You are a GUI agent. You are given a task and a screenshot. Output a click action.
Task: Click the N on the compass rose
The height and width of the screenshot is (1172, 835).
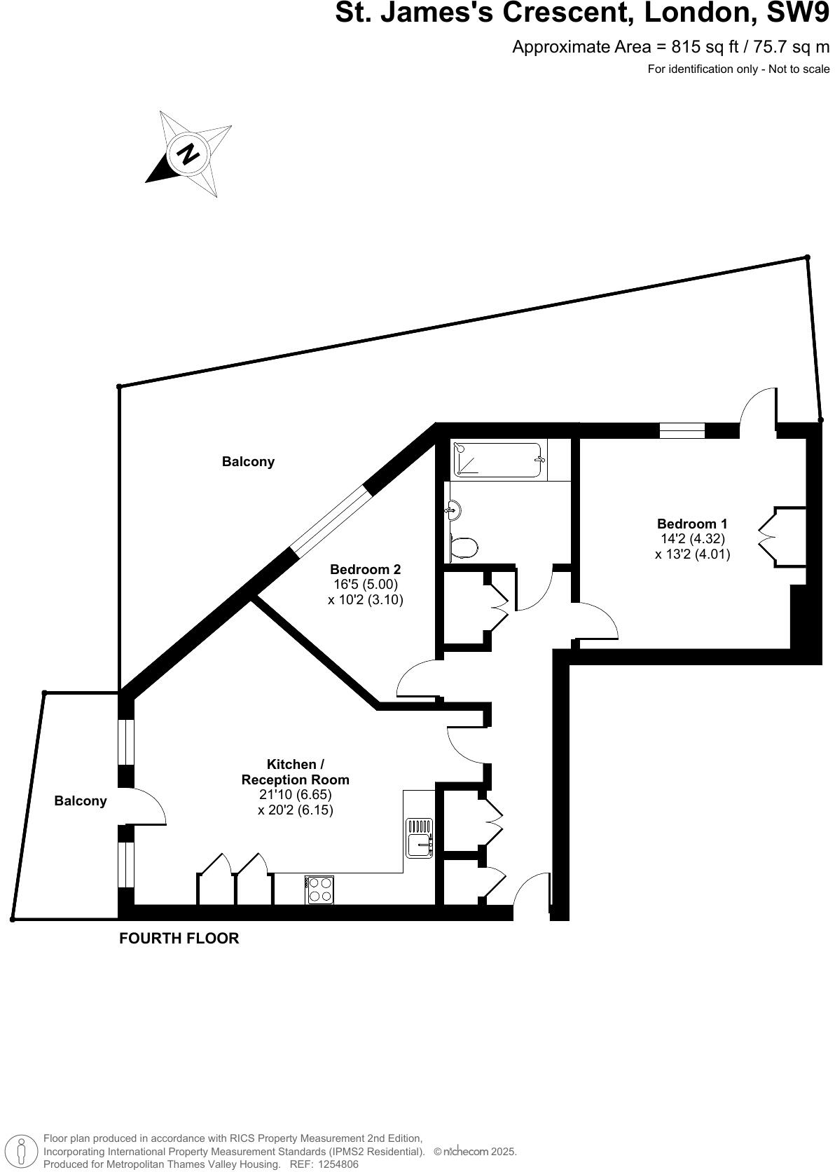coord(188,154)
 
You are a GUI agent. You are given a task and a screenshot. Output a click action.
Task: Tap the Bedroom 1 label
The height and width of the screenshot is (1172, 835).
coord(691,524)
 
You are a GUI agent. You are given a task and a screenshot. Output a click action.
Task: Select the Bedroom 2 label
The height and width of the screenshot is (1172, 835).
coord(365,569)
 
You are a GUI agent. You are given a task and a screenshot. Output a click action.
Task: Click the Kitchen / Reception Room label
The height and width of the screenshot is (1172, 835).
coord(295,772)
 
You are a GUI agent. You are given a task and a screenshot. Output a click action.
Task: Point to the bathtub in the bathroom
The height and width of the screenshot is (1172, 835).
coord(498,460)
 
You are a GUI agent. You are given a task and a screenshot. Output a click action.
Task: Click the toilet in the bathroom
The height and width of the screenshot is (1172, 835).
coord(464,547)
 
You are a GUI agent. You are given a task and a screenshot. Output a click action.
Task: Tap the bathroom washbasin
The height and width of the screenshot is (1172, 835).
coord(454,510)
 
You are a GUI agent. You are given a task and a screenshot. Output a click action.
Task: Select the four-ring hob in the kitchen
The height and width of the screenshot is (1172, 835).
coord(319,890)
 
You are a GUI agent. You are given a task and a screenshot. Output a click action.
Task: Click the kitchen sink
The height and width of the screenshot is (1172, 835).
coord(420,838)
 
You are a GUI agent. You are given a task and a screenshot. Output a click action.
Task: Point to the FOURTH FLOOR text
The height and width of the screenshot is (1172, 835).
coord(179,938)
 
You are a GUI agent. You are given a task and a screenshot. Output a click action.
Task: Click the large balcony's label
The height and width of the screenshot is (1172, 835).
coord(248,461)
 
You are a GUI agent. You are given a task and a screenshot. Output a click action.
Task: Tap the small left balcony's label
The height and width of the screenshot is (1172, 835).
coord(81,800)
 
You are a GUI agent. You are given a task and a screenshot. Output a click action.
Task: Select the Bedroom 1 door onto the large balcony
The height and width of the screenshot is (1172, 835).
coord(758,409)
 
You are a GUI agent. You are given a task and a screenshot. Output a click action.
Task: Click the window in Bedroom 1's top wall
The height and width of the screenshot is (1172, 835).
coord(682,430)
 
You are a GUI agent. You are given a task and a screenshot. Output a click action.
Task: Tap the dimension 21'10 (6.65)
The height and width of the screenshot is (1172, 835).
coord(295,794)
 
